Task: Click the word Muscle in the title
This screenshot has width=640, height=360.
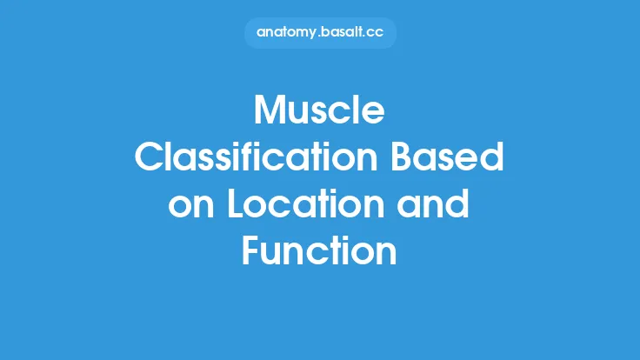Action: (320, 112)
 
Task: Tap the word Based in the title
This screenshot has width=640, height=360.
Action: (462, 159)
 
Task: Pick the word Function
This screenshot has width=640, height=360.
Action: (320, 252)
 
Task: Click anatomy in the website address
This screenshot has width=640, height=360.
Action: (288, 33)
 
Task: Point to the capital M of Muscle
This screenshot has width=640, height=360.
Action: (270, 112)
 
